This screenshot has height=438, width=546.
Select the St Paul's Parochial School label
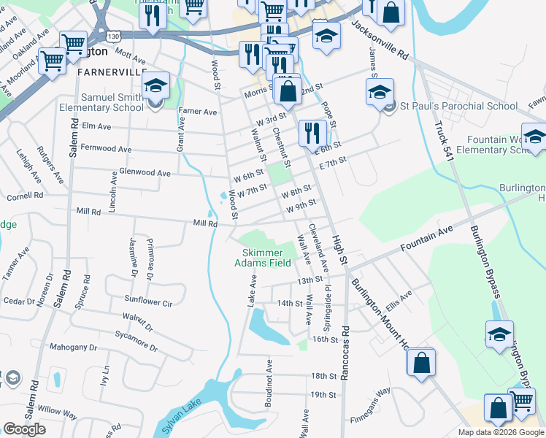[459, 106]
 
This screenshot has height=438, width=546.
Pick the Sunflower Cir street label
[148, 301]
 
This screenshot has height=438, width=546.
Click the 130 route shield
[112, 35]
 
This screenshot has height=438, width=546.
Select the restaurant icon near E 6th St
[312, 132]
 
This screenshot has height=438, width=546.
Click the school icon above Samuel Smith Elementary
[155, 86]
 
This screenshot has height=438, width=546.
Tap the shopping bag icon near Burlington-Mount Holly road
[421, 361]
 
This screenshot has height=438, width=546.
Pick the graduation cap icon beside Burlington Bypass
[500, 334]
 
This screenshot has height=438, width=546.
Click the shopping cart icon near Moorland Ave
[53, 61]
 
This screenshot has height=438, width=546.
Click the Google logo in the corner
[25, 429]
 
